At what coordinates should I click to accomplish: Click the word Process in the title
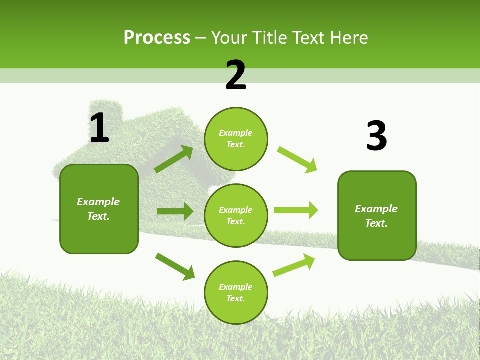click(157, 38)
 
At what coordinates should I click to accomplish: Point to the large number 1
click(99, 128)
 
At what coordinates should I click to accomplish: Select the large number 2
click(236, 75)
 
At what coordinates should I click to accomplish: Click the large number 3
click(376, 136)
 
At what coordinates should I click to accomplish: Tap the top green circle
click(236, 139)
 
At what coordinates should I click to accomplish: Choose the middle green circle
click(236, 216)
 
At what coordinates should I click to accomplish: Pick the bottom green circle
click(236, 293)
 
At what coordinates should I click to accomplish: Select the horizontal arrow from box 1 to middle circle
click(175, 212)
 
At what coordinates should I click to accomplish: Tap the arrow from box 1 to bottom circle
click(175, 266)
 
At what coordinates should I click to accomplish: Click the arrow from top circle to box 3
click(297, 159)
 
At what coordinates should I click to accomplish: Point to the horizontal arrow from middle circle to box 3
click(296, 210)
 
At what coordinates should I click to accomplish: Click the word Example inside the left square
click(98, 202)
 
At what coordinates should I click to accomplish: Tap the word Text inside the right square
click(376, 223)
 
